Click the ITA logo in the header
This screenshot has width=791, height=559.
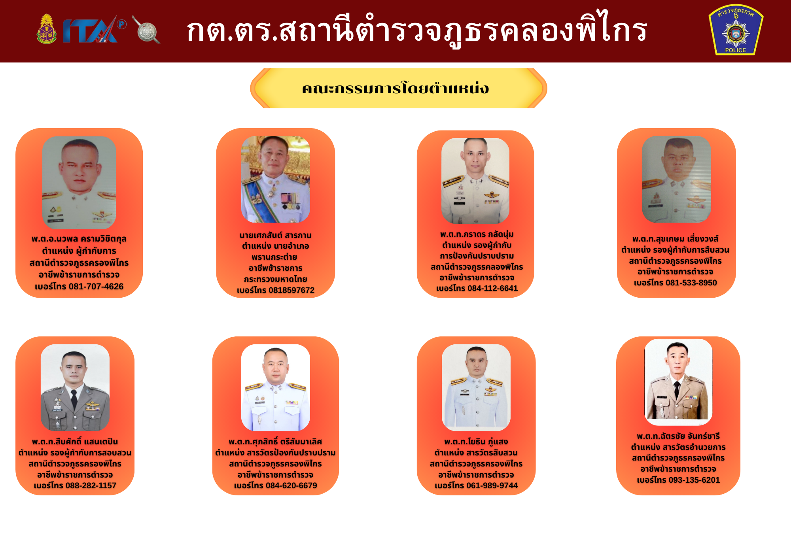(x=94, y=30)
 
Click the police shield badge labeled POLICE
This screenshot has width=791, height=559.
(x=736, y=30)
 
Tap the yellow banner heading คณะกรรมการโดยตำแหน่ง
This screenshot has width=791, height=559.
(x=395, y=89)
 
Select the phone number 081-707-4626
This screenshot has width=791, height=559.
(x=96, y=287)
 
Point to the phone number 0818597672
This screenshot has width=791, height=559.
(x=291, y=290)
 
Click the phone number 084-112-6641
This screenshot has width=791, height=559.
(x=492, y=288)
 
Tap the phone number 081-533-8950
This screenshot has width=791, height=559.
(x=691, y=283)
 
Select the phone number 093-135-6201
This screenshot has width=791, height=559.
(x=694, y=480)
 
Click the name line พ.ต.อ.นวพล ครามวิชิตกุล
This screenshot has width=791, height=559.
(x=79, y=239)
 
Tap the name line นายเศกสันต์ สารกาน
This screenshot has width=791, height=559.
(x=276, y=235)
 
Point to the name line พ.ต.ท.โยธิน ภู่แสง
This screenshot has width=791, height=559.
(x=476, y=442)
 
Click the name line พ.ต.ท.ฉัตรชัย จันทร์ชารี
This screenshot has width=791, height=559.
(x=678, y=436)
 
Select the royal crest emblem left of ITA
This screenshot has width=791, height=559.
(x=47, y=29)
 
